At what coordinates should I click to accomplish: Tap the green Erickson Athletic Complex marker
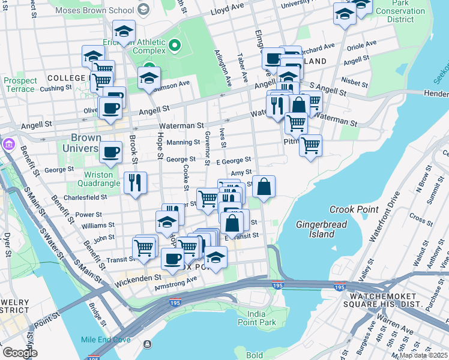click(175, 46)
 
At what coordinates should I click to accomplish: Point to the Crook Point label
click(354, 210)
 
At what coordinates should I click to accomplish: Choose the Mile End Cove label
click(106, 339)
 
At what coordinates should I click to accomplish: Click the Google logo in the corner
click(20, 352)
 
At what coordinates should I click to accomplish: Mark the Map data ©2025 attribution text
click(423, 355)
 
